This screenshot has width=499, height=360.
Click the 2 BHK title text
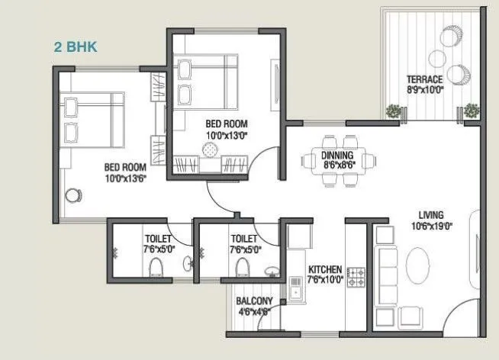76,46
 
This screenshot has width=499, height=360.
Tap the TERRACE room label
425,79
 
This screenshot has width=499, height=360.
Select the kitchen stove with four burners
356,278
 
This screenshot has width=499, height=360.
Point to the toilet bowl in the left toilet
156,266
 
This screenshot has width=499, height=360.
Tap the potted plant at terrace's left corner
393,111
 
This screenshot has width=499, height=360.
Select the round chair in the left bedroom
75,195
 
